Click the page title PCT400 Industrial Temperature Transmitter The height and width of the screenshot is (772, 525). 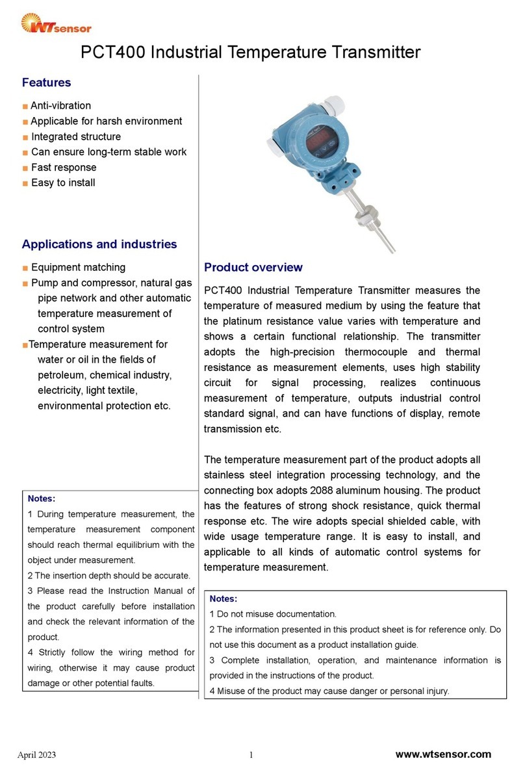[x=250, y=53]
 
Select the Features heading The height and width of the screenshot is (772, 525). [x=46, y=83]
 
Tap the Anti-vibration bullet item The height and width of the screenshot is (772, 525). [x=60, y=105]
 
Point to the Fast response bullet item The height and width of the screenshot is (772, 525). [x=64, y=168]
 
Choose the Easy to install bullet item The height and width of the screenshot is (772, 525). [x=63, y=183]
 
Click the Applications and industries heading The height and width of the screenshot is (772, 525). [x=99, y=244]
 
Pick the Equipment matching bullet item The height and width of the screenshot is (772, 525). [x=78, y=267]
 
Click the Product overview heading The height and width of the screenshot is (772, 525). [x=253, y=268]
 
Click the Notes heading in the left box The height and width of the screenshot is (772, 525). [x=42, y=499]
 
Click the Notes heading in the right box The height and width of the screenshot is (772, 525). [x=224, y=598]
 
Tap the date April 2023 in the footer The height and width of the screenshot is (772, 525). [x=36, y=754]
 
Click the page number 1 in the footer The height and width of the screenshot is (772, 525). [x=250, y=754]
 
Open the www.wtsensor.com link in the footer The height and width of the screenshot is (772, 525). [x=443, y=754]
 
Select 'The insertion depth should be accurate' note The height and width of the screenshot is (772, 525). [x=109, y=575]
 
